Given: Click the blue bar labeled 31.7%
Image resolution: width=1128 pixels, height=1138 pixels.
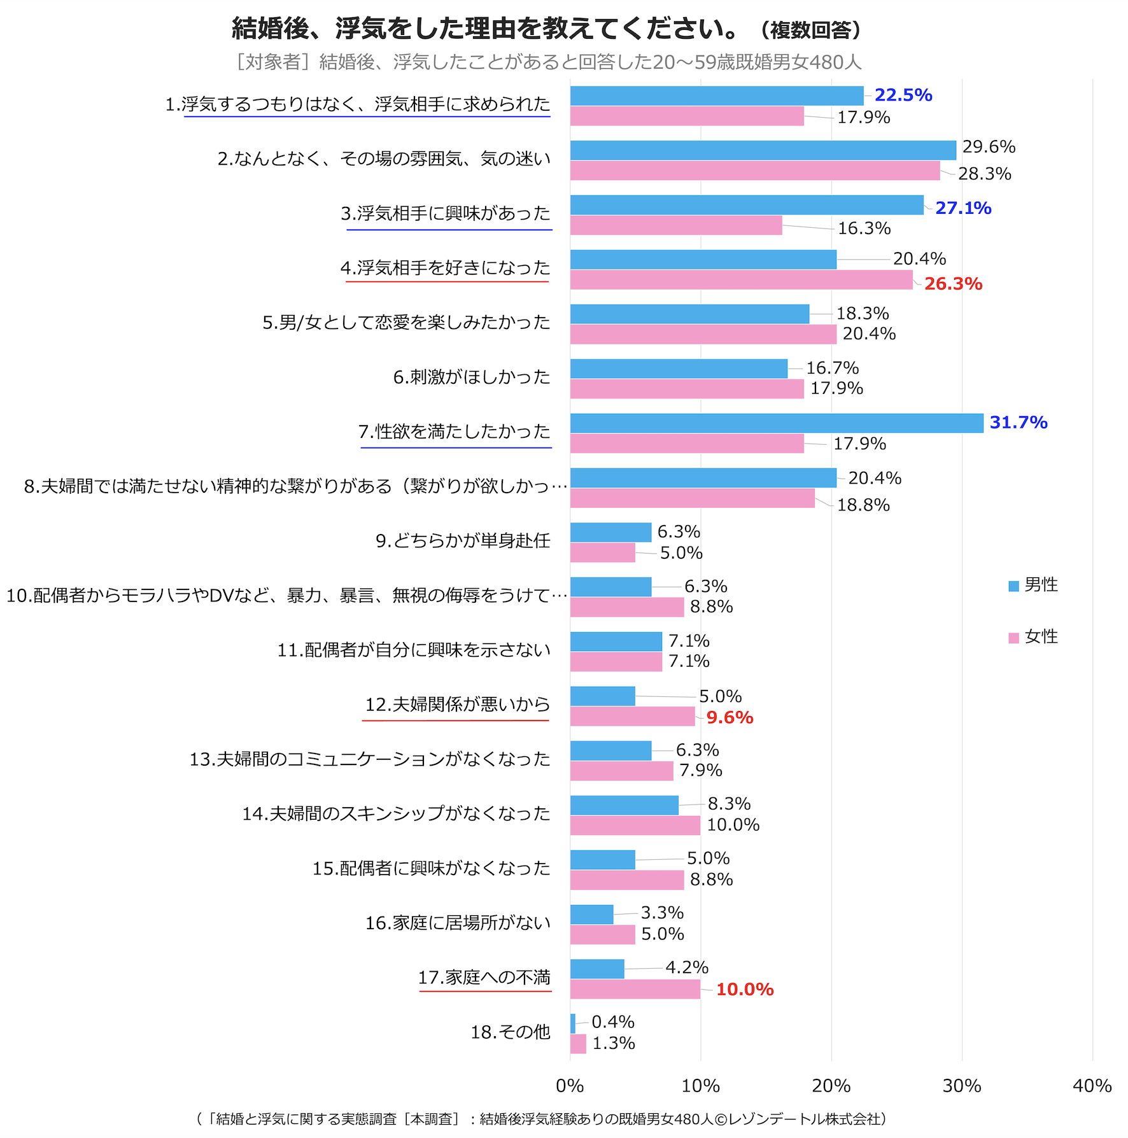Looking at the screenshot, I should coord(777,423).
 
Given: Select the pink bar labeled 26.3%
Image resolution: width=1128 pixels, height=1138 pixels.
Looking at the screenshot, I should coord(741,280).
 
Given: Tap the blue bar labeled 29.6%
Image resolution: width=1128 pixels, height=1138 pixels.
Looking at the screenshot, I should coord(763,150).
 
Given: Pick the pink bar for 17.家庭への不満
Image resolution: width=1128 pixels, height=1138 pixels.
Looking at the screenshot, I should coord(635,989).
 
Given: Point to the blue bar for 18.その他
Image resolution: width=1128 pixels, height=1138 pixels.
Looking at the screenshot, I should coord(573,1023).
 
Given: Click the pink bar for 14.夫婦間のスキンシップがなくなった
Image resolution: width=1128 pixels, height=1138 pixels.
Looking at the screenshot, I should coord(635,825).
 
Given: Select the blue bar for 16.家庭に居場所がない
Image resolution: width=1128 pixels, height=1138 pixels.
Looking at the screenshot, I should coord(591,915).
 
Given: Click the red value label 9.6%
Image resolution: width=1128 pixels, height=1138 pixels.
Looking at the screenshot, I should coord(730,718).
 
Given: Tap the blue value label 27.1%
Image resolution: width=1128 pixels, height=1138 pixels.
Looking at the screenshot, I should coord(962,208).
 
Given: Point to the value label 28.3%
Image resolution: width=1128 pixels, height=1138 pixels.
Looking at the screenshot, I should coord(984,174).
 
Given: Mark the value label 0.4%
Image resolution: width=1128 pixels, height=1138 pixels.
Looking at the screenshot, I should coord(612,1022).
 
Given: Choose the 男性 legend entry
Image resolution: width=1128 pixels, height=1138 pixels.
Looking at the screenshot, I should coord(1033,585).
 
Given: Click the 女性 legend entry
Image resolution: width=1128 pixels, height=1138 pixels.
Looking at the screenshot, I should coord(1033,637).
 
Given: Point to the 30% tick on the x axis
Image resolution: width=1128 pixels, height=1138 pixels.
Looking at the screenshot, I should coord(961,1086).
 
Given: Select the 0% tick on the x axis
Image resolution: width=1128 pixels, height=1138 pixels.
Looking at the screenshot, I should coord(570,1086).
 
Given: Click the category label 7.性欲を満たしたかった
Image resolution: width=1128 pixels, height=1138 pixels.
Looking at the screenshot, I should coord(454,432).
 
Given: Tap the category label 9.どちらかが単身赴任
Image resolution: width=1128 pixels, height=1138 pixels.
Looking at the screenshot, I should coord(463,541).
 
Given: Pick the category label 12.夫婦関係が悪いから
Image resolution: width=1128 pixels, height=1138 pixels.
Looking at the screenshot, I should coord(457,705).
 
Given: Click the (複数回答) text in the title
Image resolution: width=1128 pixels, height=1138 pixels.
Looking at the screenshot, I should coord(810,30).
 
